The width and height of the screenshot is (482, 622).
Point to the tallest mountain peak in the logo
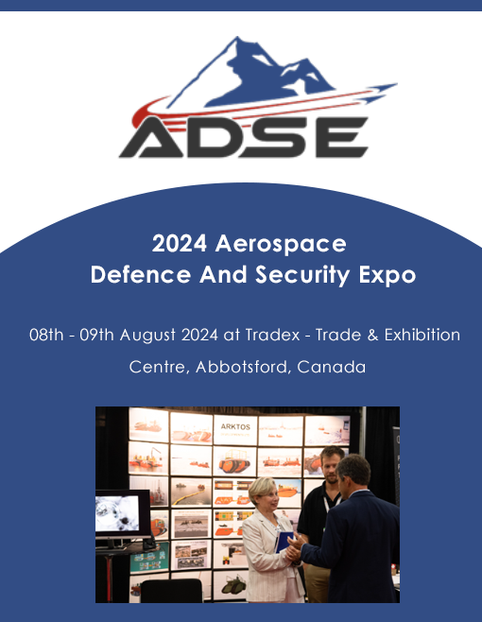pos(237,39)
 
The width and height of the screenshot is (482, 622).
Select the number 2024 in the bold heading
pos(180,243)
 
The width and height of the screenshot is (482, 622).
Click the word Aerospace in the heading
pos(281,244)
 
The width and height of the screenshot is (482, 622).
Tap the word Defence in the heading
pos(141,274)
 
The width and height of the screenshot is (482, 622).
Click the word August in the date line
pos(147,336)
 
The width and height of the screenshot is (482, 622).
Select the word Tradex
pos(272,335)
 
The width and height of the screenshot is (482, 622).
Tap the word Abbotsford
pos(241,367)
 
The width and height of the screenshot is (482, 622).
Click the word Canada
pos(331,367)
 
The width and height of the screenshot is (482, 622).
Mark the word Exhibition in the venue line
pos(422,335)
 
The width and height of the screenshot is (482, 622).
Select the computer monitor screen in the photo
pos(117,513)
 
